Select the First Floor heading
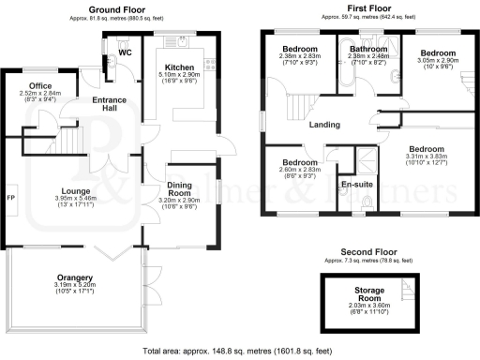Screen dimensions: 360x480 (x=367, y=8)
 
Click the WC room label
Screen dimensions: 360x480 (x=124, y=53)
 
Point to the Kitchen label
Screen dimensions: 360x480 (x=180, y=68)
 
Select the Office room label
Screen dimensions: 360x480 (x=39, y=85)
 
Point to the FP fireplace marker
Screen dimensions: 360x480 (x=10, y=199)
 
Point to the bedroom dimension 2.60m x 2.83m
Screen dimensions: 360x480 (x=300, y=171)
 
